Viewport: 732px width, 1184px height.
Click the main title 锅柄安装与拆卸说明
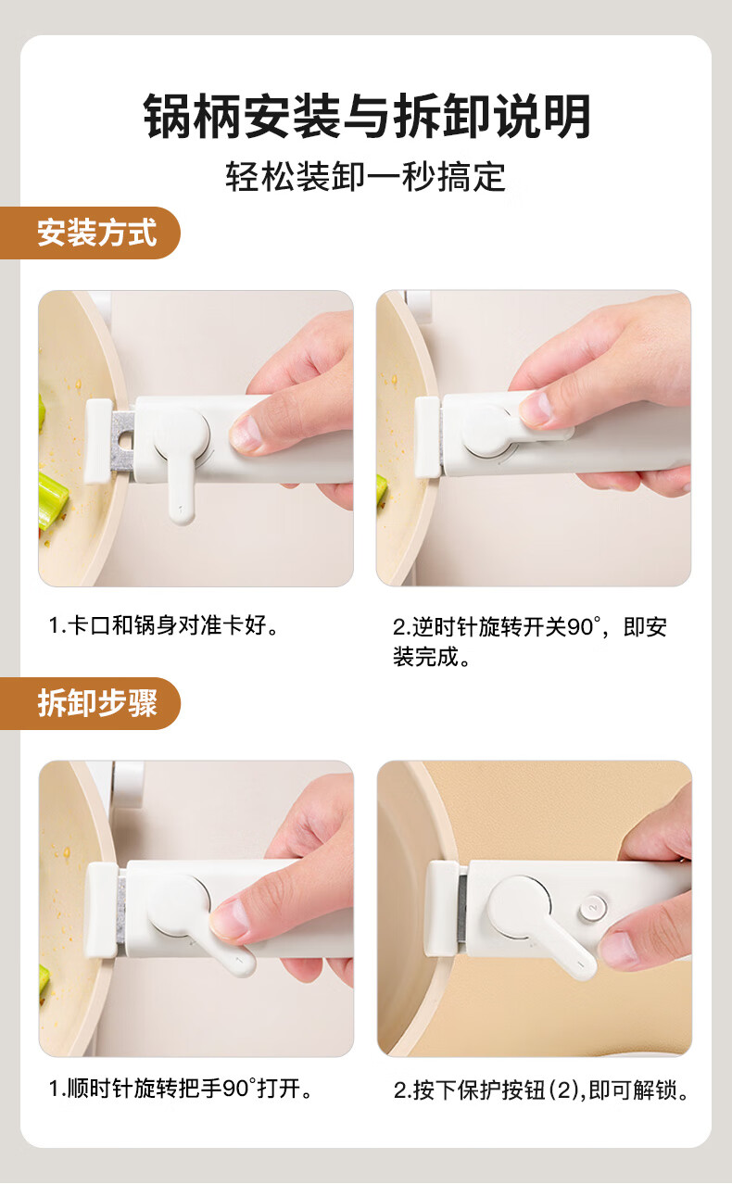(366, 117)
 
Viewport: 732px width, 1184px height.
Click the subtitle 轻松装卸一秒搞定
(366, 177)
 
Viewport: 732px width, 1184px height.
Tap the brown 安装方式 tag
(91, 233)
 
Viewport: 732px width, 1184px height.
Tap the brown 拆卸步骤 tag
(91, 703)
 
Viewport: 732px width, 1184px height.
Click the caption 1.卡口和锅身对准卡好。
(163, 625)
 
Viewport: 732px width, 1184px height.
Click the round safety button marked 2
(592, 908)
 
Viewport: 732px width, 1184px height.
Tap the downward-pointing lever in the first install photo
(181, 489)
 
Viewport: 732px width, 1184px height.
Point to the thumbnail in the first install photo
(246, 435)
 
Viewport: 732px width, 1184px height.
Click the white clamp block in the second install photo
(427, 436)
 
